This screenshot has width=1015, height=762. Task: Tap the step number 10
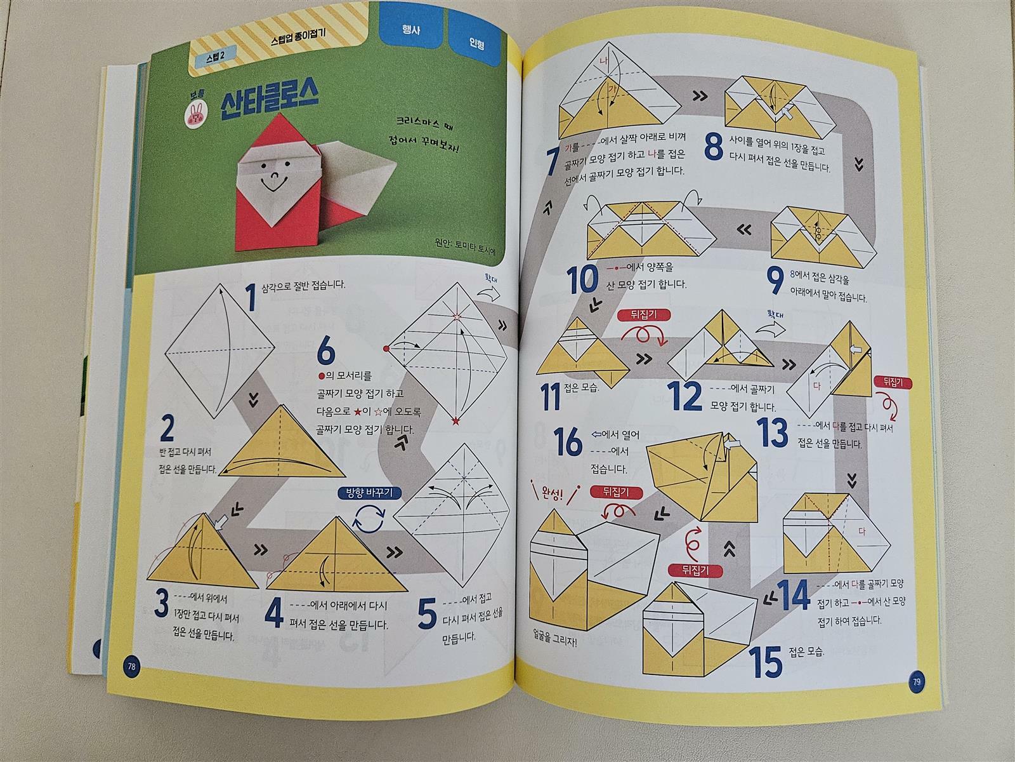point(583,280)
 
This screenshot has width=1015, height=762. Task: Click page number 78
point(131,667)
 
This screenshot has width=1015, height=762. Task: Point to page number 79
point(917,681)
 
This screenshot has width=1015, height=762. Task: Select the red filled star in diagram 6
point(456,420)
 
